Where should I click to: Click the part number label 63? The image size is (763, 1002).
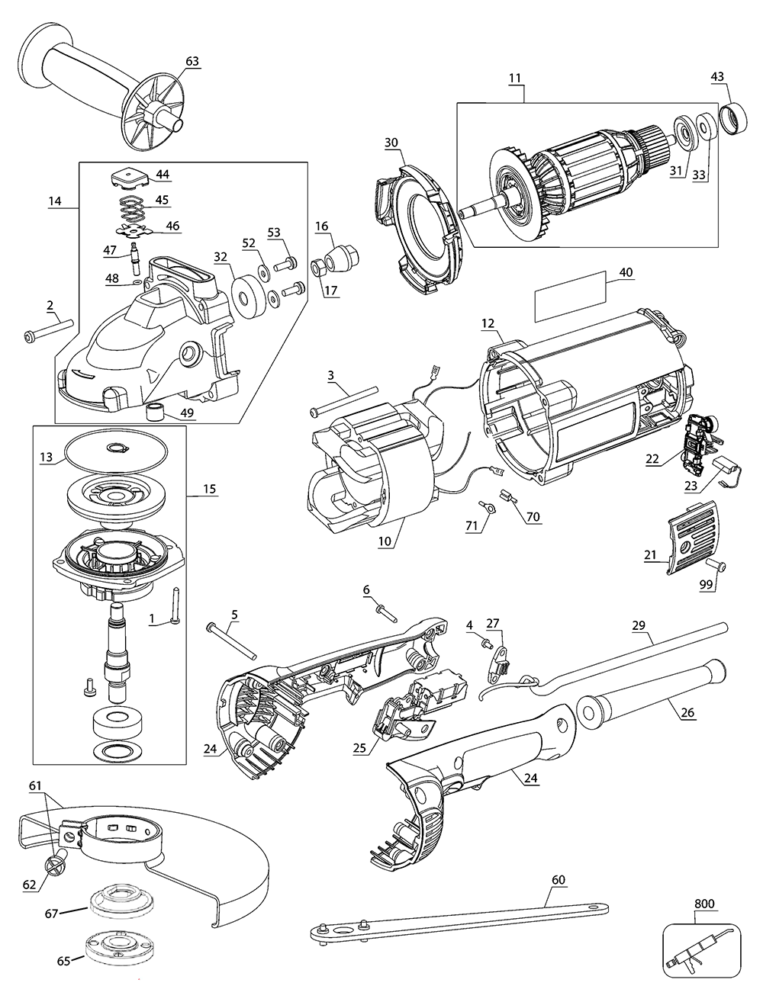pos(192,61)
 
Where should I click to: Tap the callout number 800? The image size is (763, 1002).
pos(703,904)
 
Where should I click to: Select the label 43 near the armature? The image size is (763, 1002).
pos(717,76)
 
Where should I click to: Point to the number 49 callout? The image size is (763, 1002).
pos(187,413)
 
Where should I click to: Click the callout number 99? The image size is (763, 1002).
pos(706,584)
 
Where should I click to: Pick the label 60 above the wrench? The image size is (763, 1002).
pos(558,879)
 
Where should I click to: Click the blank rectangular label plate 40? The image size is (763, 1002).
pos(570,297)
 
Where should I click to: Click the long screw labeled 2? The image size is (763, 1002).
pos(48,330)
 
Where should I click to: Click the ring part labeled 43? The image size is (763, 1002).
pos(734,117)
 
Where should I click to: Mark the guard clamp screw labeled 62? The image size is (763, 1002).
pos(56,864)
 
